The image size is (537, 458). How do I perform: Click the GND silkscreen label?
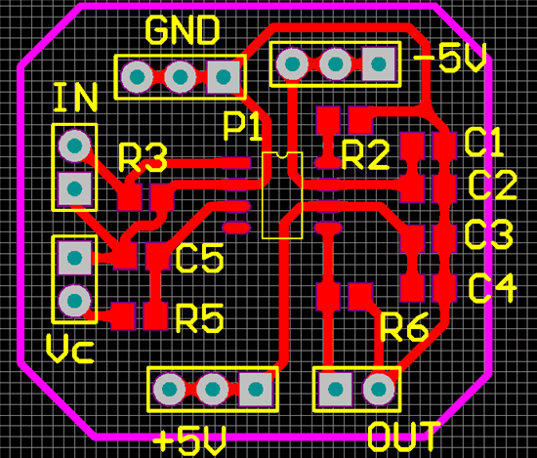[x=183, y=30]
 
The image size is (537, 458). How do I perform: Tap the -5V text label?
[x=450, y=58]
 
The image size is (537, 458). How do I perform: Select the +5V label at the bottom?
[x=189, y=439]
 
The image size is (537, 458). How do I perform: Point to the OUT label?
[x=404, y=437]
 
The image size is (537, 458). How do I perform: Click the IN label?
[x=76, y=98]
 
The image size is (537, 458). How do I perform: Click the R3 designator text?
[x=143, y=157]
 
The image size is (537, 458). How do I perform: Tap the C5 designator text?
[x=199, y=258]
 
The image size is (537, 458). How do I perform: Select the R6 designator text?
[x=404, y=327]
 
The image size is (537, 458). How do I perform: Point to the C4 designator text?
[x=492, y=288]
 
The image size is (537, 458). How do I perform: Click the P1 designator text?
[x=242, y=126]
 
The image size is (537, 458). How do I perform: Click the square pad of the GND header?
[x=224, y=76]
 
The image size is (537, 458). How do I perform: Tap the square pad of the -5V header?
[x=379, y=63]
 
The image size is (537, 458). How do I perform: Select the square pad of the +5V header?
[x=256, y=389]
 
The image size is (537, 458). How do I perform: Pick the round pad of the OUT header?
[x=378, y=389]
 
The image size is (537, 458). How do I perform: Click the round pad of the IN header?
[x=74, y=146]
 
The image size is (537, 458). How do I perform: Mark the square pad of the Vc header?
[x=74, y=258]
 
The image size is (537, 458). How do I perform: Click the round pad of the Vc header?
[x=74, y=301]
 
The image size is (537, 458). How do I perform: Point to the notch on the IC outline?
[x=282, y=155]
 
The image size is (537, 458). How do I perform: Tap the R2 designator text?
[x=365, y=155]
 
